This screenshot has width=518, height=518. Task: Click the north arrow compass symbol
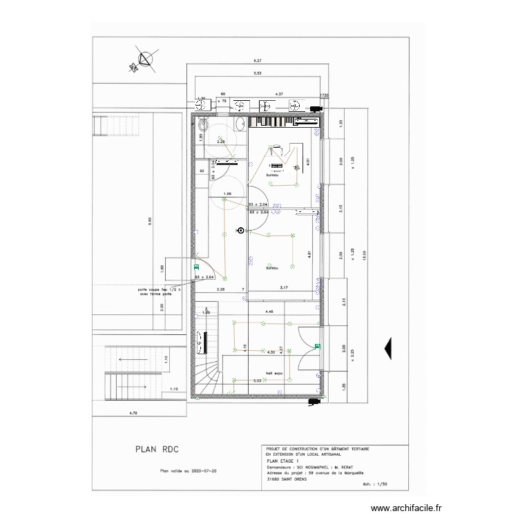pos(144,60)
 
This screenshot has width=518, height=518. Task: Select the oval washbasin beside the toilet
pos(239,124)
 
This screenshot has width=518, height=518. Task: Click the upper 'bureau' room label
pos(272,175)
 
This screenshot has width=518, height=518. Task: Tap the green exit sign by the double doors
pos(317,346)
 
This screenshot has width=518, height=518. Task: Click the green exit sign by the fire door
pos(197,266)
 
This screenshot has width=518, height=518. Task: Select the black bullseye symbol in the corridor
pos(240,231)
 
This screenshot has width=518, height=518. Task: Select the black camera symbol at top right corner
pos(316,109)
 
